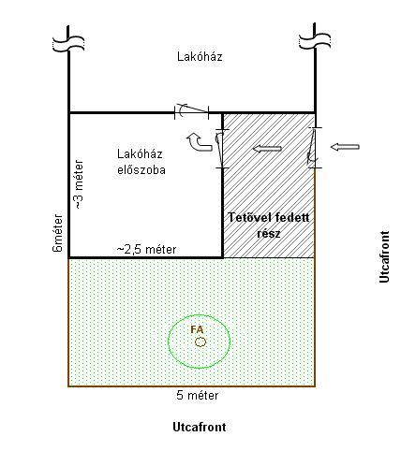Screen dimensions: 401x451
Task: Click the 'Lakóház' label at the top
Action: [200, 57]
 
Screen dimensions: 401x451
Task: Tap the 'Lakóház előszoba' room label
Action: [141, 162]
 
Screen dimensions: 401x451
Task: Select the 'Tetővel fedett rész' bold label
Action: [269, 225]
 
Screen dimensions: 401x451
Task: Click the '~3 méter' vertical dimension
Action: [79, 184]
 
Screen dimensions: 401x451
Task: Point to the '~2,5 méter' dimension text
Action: [146, 249]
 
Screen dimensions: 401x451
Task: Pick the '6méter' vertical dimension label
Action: [58, 233]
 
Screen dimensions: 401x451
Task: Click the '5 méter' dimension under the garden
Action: [198, 396]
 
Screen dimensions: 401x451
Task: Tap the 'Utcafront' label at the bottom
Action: [200, 427]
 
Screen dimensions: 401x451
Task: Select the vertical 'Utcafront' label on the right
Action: [384, 257]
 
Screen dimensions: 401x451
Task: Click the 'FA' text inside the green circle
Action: [197, 329]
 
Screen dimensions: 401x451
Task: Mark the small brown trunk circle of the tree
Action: [200, 342]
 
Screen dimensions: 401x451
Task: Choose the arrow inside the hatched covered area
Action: [267, 149]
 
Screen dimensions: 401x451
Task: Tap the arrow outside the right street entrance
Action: [345, 147]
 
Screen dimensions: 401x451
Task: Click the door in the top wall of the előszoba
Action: [191, 110]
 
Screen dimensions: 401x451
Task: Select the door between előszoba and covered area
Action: [221, 149]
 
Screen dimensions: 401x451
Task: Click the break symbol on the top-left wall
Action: [68, 43]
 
